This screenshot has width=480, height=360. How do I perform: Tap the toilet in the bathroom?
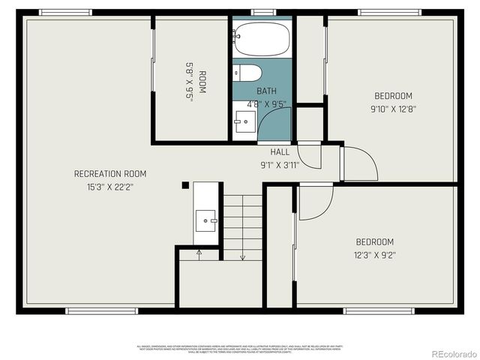247,72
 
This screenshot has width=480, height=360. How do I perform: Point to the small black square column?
185,185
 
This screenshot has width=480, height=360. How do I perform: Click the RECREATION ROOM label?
110,173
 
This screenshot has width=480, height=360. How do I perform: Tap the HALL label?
280,151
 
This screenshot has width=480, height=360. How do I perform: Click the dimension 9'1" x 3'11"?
280,164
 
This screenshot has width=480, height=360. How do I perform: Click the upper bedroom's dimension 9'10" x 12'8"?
394,109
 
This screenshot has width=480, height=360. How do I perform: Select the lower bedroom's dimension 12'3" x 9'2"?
374,255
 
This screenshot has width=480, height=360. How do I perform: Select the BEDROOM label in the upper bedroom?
394,96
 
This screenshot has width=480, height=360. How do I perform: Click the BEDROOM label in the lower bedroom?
374,241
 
